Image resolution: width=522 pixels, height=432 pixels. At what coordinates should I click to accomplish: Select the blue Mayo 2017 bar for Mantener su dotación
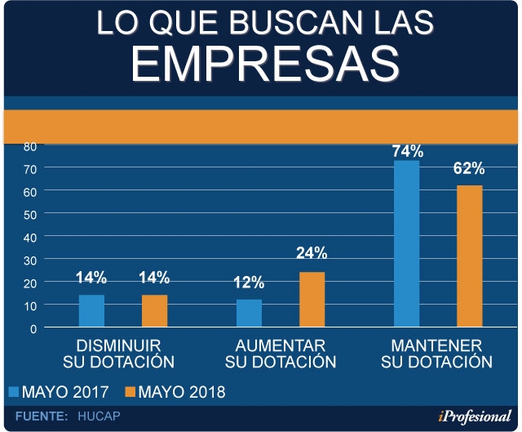(406, 244)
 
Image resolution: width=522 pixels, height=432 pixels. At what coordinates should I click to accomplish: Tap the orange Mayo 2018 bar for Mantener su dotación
(469, 256)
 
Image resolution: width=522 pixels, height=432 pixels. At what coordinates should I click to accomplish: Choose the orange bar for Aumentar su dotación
(312, 300)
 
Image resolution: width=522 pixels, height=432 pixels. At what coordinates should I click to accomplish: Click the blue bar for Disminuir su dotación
(91, 311)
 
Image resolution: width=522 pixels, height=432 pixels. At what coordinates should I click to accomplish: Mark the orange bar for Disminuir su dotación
(154, 311)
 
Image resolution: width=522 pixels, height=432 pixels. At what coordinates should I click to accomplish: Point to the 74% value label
(406, 151)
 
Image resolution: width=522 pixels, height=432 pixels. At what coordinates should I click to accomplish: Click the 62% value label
(469, 169)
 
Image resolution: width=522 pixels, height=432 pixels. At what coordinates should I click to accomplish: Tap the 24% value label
(311, 253)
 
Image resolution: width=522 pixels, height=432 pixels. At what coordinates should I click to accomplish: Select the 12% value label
(249, 283)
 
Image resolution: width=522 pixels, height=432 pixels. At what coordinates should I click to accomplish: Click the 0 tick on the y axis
(33, 328)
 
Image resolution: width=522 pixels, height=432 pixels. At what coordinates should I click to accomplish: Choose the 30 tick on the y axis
(29, 260)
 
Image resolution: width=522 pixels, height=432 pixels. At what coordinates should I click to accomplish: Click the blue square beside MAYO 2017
(13, 393)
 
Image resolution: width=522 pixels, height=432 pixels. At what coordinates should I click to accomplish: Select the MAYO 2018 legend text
(181, 393)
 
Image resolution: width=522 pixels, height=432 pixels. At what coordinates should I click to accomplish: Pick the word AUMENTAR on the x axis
(281, 345)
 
